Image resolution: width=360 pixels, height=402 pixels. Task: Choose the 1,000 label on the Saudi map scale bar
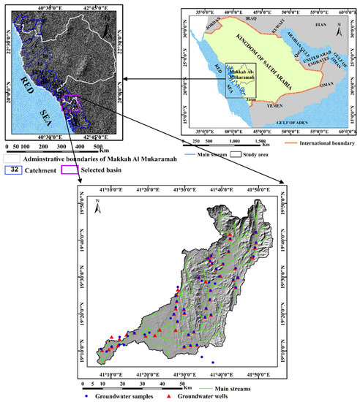tap(234, 142)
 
